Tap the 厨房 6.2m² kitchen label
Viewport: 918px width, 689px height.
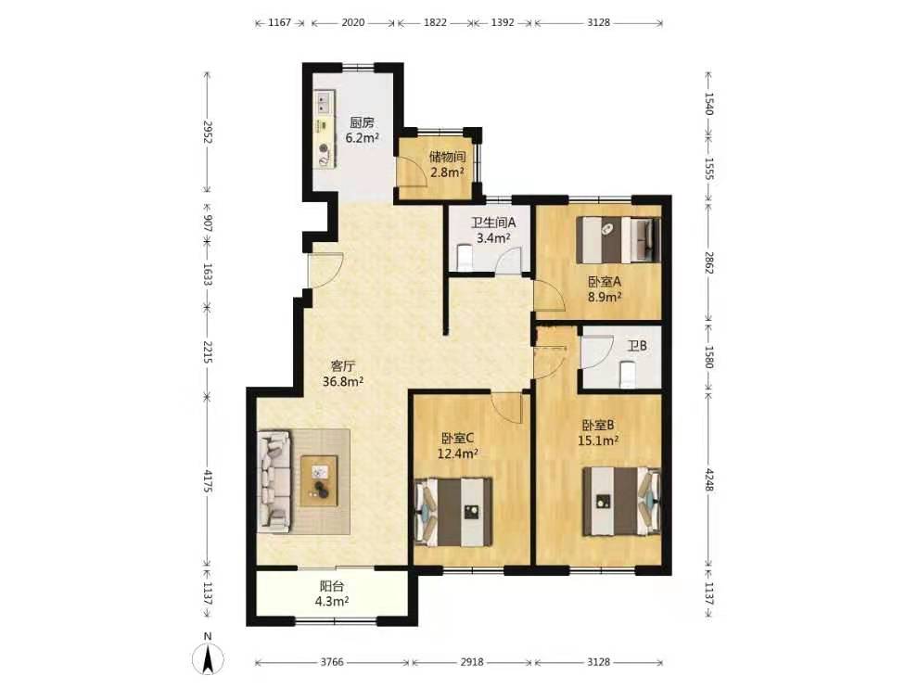click(x=362, y=131)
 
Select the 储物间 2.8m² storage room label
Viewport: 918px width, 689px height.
click(x=447, y=164)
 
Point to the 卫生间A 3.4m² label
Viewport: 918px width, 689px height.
click(x=493, y=230)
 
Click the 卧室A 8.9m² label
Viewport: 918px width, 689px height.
click(x=605, y=289)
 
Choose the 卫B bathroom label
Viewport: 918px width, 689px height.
click(x=637, y=346)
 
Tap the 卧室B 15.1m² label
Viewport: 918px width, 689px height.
click(x=598, y=433)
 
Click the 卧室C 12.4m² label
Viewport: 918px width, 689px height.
click(x=458, y=445)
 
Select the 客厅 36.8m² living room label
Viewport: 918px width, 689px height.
click(x=343, y=374)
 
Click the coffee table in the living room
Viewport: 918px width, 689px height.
click(x=319, y=480)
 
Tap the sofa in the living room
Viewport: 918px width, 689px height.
click(x=274, y=481)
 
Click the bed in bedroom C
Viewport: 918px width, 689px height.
click(x=453, y=512)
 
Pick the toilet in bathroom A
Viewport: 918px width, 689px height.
click(x=464, y=258)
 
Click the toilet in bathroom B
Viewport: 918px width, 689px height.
click(x=627, y=375)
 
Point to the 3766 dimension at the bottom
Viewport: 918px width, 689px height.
click(x=332, y=662)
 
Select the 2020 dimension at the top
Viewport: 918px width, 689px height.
click(x=352, y=23)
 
